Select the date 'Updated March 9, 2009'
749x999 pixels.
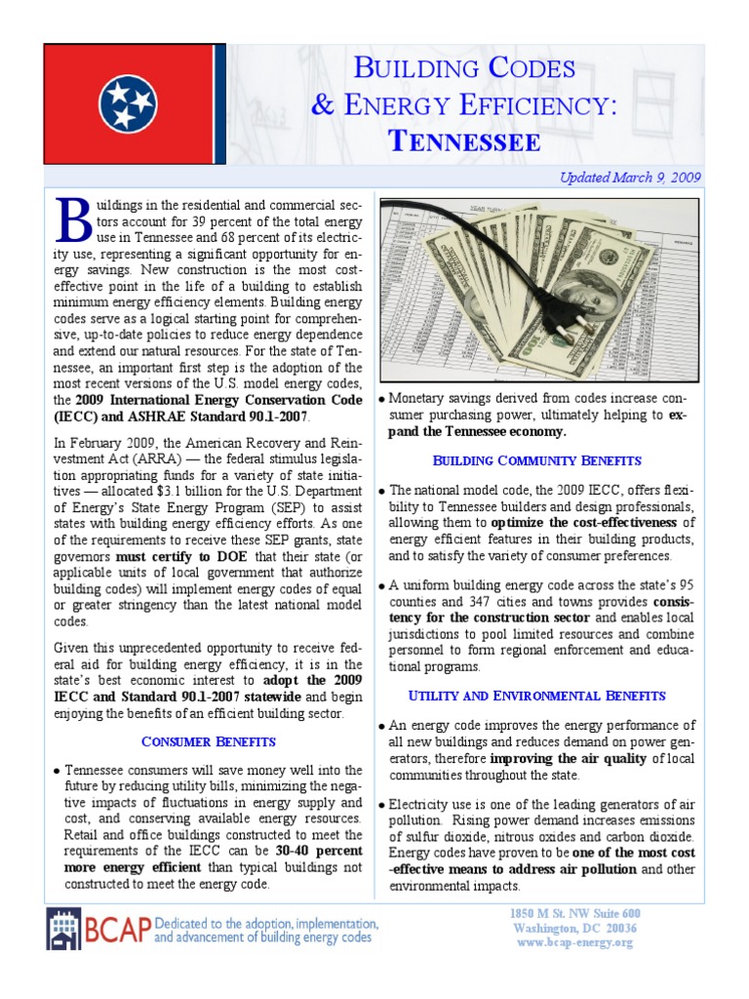tap(629, 178)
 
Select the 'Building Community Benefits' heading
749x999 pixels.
tap(537, 460)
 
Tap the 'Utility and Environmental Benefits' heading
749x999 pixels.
tap(537, 696)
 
